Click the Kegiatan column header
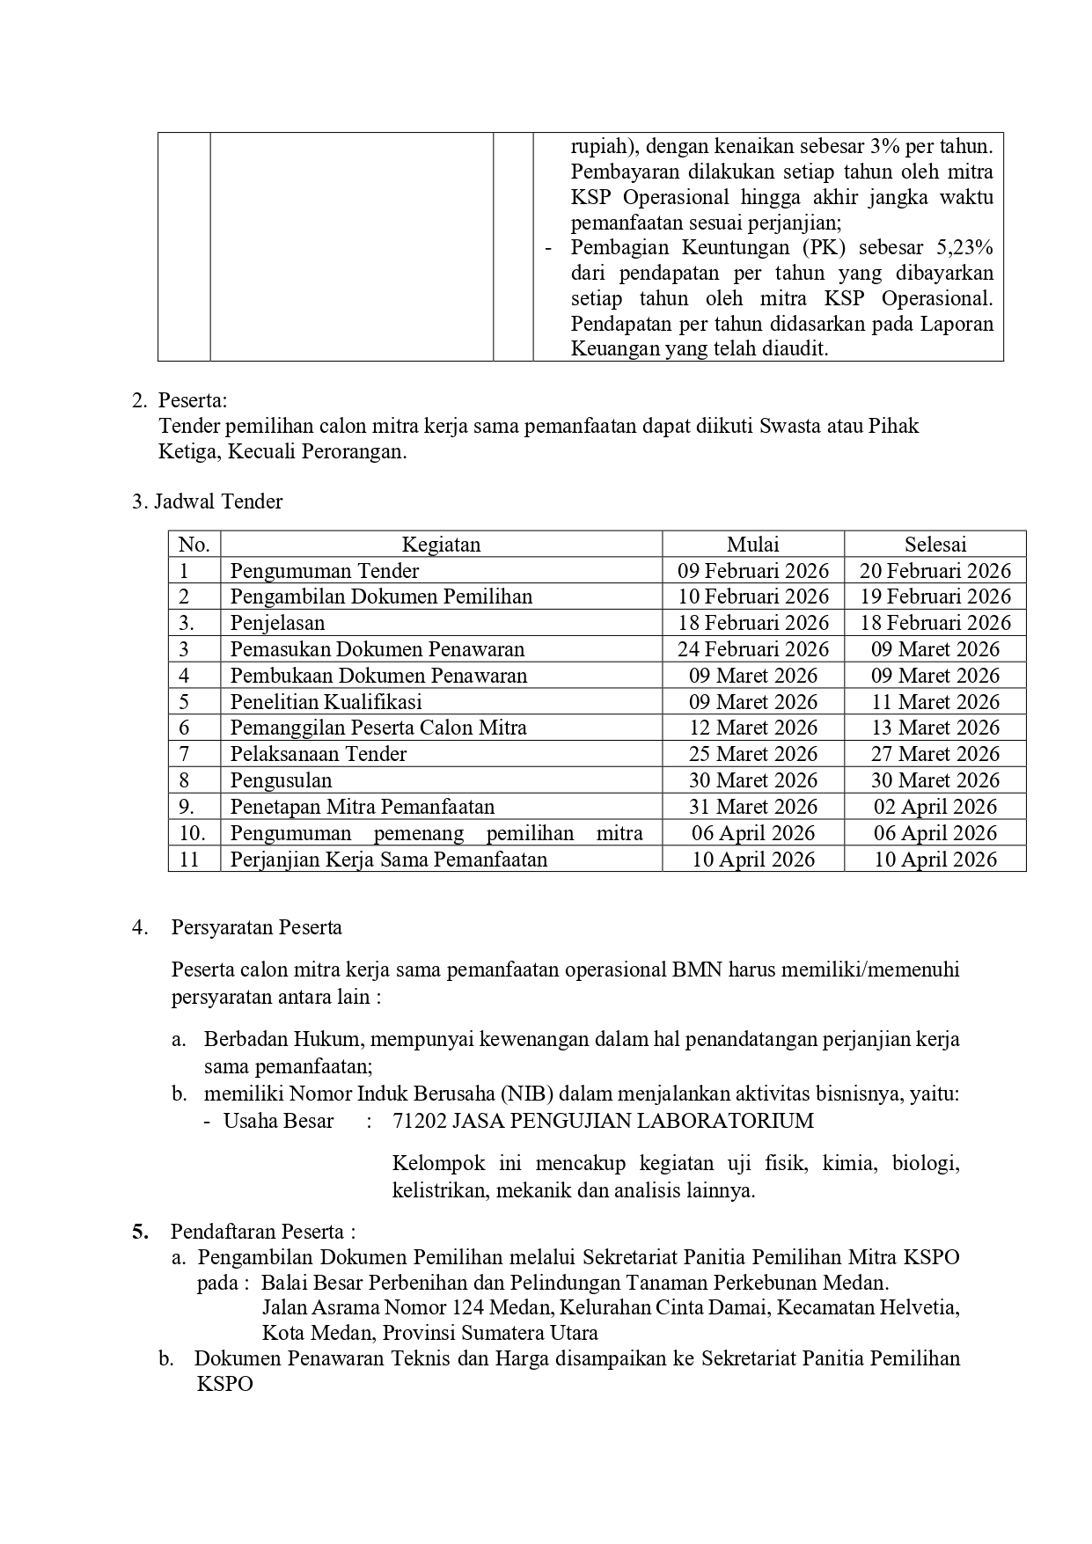441,545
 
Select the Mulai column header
752,545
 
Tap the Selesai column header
934,545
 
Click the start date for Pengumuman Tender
752,571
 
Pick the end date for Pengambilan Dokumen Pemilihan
934,596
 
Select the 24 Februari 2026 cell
752,649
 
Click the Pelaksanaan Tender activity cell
319,754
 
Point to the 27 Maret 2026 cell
934,754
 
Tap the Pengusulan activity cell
281,780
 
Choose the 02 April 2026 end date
934,807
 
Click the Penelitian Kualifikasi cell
326,702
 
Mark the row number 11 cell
190,860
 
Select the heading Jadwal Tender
218,502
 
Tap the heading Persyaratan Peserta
256,927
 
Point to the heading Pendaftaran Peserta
262,1232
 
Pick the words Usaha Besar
278,1121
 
